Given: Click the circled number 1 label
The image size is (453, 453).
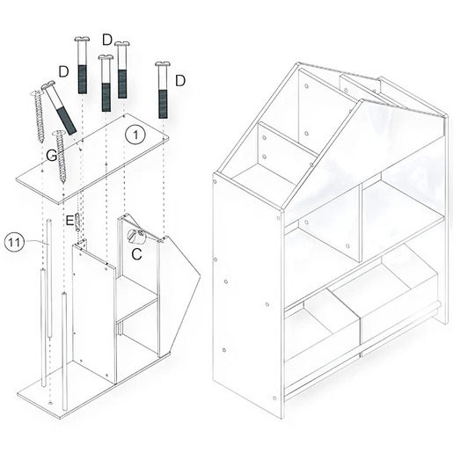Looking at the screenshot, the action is pos(135,135).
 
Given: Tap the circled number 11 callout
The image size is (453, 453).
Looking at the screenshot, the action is pos(15,243).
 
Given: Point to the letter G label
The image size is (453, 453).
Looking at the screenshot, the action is pos(52,156).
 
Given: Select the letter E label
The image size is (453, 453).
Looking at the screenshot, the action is pos(69,220).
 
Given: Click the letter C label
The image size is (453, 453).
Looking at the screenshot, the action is pos(137,254).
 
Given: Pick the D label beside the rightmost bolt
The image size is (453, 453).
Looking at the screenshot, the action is pos(180,81).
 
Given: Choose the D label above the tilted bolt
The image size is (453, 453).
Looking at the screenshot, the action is pos(63,71).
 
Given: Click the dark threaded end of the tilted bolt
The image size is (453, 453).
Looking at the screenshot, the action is pos(66,121).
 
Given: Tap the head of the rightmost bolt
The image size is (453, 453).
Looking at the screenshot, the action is pos(163,64).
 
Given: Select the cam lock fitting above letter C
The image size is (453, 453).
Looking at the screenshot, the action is pos(136,237).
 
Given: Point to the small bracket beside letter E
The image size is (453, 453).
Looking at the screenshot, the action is pos(77,223).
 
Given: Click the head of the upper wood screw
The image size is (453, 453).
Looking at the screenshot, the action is pos(37,93).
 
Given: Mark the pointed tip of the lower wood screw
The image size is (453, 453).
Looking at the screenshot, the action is pos(63,182).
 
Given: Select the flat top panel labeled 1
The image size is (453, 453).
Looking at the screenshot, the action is pos(93,158).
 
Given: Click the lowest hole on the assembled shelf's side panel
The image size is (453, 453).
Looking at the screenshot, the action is pos(274,398).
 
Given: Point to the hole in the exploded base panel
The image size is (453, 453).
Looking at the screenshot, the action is pos(51,403).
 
